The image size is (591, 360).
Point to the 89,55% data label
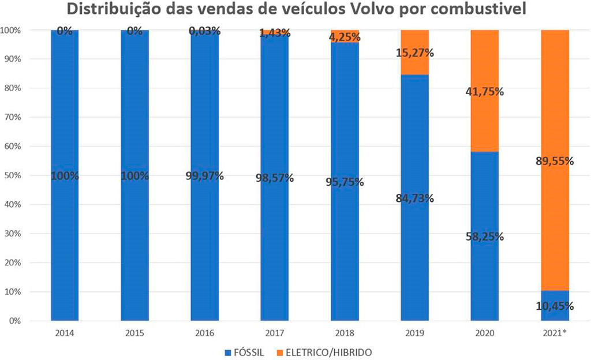(x=555, y=161)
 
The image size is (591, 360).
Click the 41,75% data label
(x=485, y=92)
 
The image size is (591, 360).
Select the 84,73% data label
(x=414, y=198)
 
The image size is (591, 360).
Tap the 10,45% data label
(x=555, y=306)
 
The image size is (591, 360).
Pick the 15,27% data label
(x=414, y=53)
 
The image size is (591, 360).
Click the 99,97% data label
(x=204, y=176)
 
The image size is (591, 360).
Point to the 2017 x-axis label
(x=275, y=333)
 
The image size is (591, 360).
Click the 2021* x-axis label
(x=555, y=333)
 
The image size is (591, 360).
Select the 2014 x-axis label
(x=65, y=333)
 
